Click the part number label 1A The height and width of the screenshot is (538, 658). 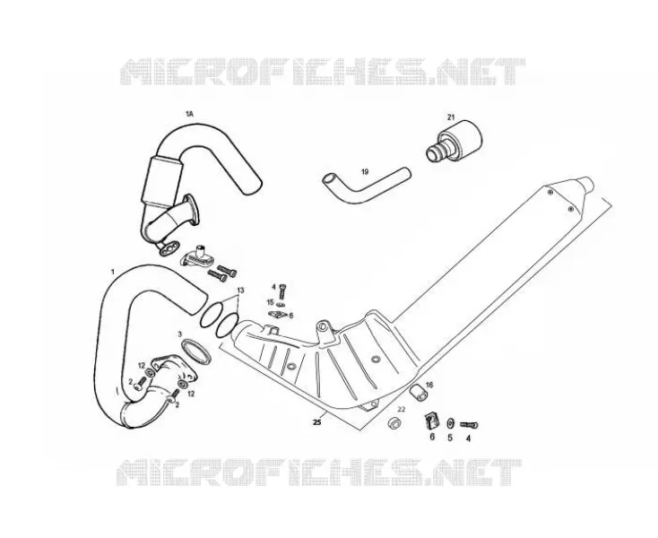pos(189,114)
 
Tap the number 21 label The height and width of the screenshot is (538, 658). pos(451,117)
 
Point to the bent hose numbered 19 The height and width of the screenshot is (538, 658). pos(366,185)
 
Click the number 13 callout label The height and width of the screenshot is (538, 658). pos(240,291)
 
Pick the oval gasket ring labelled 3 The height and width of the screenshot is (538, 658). pos(196,351)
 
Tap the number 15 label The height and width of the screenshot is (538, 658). pos(270,302)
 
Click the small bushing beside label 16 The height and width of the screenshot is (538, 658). pos(418,392)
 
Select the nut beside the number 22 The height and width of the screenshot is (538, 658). pos(394,422)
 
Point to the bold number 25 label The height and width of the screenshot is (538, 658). pos(317,422)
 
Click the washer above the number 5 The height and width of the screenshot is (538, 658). pos(451,422)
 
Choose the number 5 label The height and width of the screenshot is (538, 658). pos(450,438)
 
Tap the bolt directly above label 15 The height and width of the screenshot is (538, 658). pos(283,291)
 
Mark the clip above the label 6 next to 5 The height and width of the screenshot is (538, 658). pos(431,420)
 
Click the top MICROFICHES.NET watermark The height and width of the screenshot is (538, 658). pos(323,72)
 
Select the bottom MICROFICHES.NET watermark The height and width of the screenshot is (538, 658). pos(319,473)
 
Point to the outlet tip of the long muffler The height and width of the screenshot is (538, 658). pos(588,184)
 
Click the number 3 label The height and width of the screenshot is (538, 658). pos(180,334)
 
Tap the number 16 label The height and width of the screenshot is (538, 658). pos(429,385)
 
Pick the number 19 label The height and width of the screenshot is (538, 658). pos(365,171)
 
